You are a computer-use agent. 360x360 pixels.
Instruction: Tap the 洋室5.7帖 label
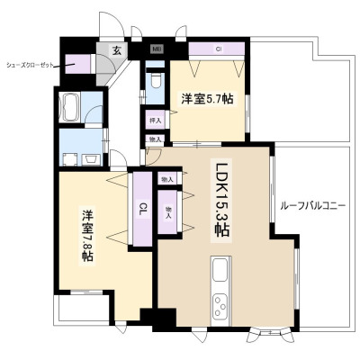(x=207, y=99)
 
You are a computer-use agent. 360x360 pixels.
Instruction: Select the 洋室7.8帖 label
(x=87, y=236)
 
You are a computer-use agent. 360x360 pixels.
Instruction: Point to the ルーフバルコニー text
(x=313, y=206)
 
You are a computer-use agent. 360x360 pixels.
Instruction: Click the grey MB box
(x=157, y=49)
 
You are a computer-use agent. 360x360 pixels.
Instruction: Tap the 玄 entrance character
(x=117, y=50)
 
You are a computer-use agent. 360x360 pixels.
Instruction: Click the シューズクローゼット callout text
(x=30, y=65)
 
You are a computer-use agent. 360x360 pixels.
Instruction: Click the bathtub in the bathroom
(x=69, y=107)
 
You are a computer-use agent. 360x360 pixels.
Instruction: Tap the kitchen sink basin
(x=220, y=270)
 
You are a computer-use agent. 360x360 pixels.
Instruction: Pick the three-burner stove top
(x=220, y=306)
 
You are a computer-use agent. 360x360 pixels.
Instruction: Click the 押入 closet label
(x=156, y=121)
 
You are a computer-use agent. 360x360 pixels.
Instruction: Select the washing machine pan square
(x=70, y=159)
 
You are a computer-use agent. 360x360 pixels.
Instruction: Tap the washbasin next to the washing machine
(x=90, y=159)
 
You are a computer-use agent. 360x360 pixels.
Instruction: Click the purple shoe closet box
(x=77, y=64)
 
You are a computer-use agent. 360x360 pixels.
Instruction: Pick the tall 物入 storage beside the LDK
(x=167, y=211)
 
